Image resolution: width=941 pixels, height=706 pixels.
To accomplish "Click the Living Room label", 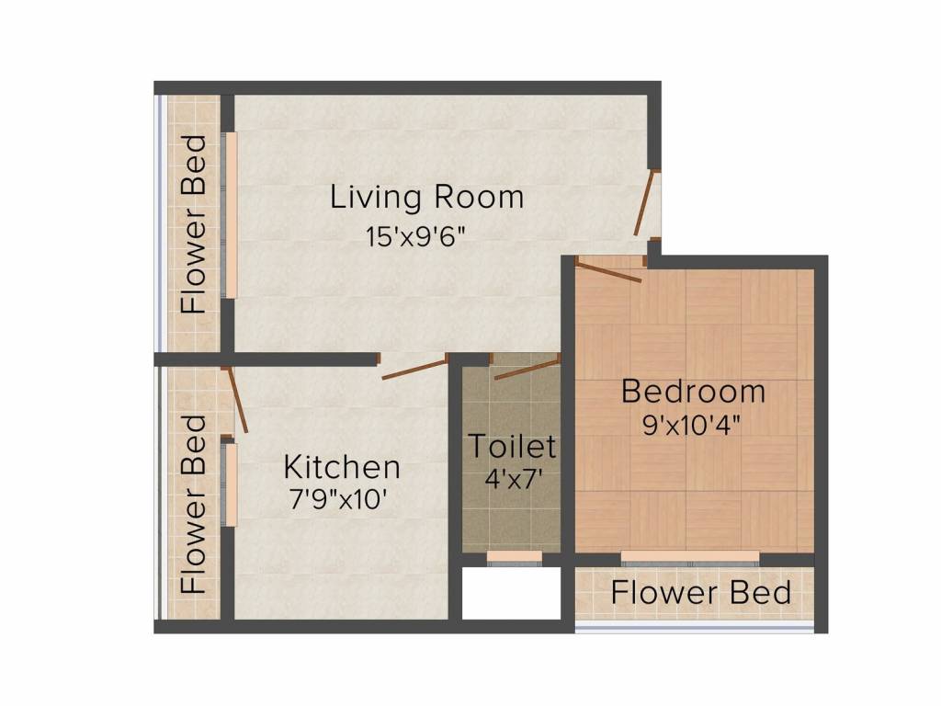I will coord(427,198).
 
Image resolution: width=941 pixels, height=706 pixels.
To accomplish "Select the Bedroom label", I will coord(693,392).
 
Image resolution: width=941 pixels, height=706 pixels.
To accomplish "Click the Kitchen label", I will coord(341,467).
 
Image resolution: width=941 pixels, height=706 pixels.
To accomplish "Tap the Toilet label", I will coord(513,447).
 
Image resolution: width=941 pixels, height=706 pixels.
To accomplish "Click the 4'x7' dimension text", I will coord(514,479).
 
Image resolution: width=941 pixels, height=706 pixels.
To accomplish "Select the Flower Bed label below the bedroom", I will coord(701,593).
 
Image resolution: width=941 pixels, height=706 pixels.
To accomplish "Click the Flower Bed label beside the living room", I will coord(194,224).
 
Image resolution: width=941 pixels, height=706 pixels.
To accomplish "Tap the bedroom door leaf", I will coord(608,271).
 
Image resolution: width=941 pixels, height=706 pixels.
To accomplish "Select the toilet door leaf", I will coord(527,370).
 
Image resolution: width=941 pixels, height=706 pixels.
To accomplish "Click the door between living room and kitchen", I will coord(414,370).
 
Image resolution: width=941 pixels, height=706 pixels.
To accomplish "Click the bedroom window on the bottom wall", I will coord(690,556).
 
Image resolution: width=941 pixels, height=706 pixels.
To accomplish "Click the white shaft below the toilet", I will coord(511,594).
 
